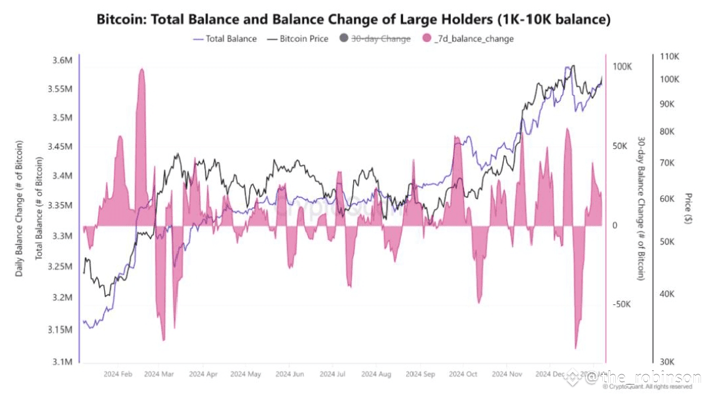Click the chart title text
coord(353,19)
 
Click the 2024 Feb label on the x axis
coord(118,374)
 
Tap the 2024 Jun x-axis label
coord(290,374)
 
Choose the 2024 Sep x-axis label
coord(420,374)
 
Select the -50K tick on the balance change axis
coord(621,305)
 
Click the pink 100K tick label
coord(621,67)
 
